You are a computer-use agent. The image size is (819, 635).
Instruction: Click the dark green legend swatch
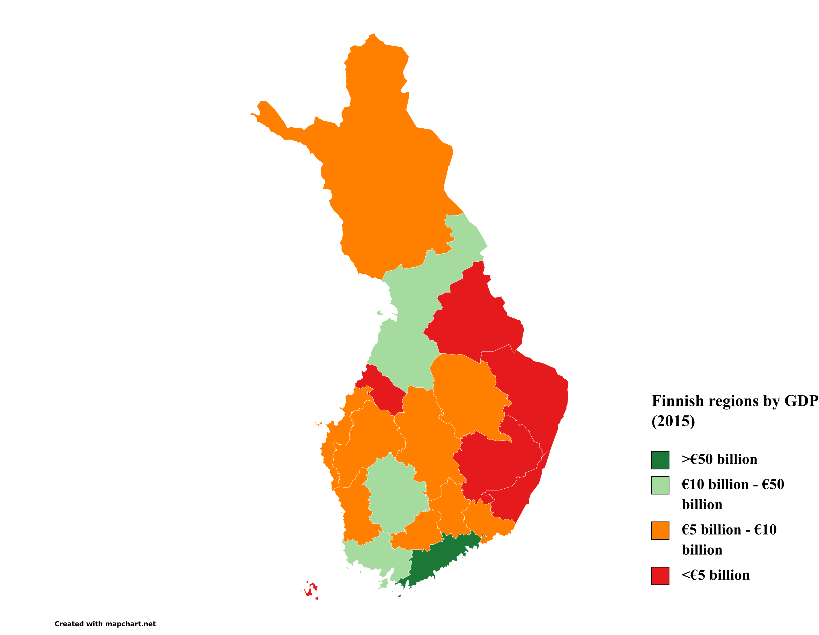tap(660, 460)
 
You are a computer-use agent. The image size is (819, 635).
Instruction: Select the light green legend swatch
tap(660, 485)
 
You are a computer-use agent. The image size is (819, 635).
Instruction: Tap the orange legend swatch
tap(660, 530)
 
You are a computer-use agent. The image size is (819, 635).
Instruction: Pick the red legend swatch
tap(660, 576)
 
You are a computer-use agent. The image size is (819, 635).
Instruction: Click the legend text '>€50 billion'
tap(719, 459)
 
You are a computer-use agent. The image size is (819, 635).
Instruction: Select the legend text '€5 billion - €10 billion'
tap(729, 540)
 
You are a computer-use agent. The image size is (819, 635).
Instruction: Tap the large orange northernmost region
tap(386, 169)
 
